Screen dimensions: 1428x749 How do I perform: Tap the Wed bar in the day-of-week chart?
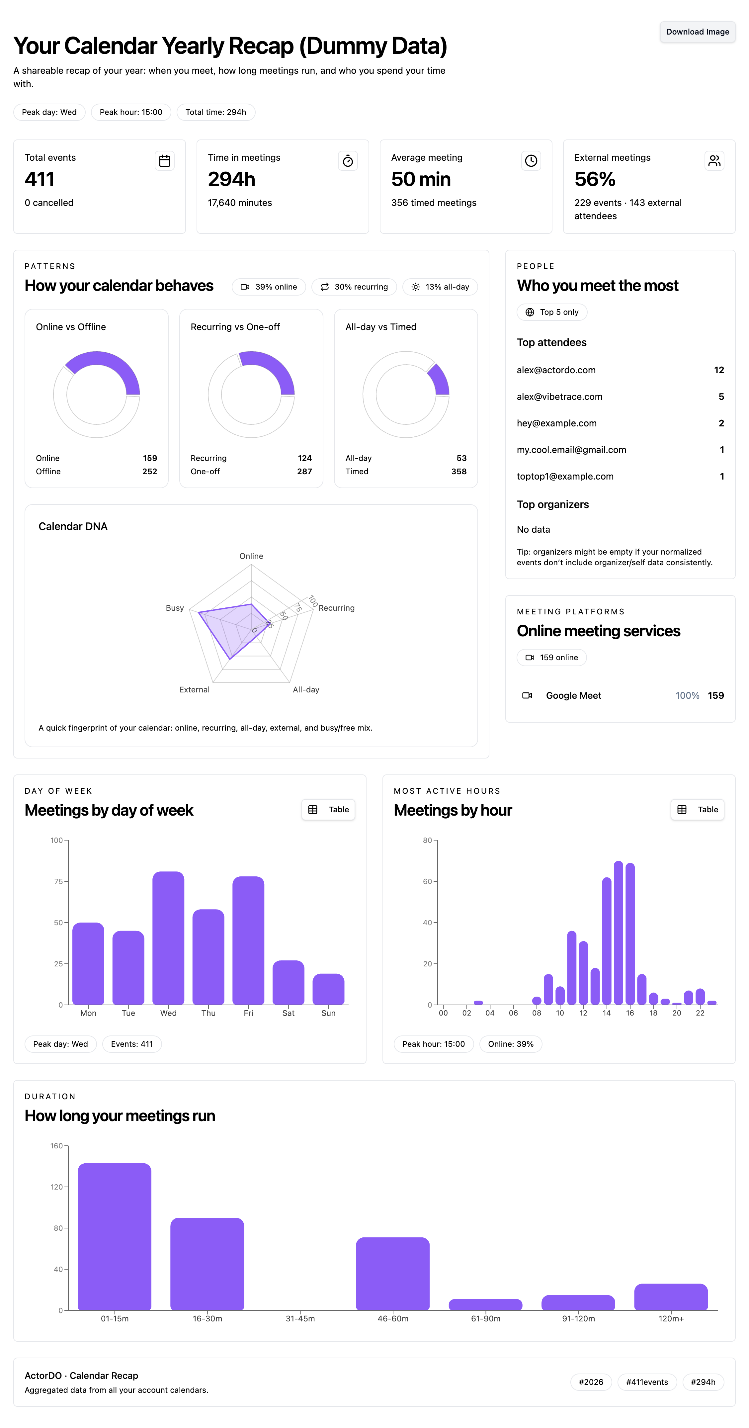(168, 938)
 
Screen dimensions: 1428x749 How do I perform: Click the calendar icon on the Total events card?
(165, 161)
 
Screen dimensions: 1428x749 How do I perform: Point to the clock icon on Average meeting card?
(531, 161)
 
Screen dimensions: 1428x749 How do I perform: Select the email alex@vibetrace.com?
(559, 397)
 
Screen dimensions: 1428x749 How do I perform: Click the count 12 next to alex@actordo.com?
(718, 370)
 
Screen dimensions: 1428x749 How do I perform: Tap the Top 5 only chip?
(552, 312)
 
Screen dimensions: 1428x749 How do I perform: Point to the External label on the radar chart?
(195, 690)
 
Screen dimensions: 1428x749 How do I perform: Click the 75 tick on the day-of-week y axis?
(58, 881)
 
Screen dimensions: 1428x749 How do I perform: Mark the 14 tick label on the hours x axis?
(607, 1013)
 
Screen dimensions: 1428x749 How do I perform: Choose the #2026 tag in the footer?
(591, 1382)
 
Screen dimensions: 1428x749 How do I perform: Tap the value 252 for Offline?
(150, 471)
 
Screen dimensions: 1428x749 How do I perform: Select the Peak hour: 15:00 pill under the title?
(131, 112)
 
